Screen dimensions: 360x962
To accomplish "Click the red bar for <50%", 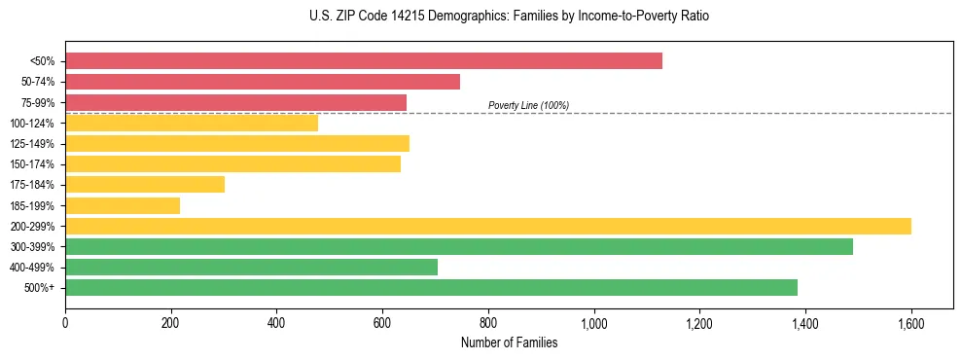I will tap(364, 60).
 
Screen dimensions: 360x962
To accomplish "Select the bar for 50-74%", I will tap(263, 81).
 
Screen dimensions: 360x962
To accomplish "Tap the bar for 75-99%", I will tap(235, 102).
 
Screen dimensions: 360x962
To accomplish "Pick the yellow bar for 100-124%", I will tap(192, 123).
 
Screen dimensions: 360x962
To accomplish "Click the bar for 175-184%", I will tap(145, 184).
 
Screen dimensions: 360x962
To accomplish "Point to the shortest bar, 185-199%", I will tap(123, 205).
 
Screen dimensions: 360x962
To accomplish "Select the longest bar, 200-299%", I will tap(488, 226).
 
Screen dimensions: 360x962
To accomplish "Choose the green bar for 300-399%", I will tap(459, 246).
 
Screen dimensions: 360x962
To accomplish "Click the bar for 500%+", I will tap(431, 287).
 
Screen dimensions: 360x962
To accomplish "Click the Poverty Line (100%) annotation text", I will tap(528, 105).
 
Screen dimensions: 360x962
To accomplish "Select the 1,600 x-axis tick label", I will tap(910, 322).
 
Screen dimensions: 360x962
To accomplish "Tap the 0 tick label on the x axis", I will tap(65, 322).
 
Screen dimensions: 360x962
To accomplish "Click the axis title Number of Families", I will tap(509, 342).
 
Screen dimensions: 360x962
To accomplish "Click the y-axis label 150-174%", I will tap(34, 163).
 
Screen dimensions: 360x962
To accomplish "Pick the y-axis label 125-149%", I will tap(34, 143).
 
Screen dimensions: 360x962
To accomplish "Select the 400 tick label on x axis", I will tap(276, 322).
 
